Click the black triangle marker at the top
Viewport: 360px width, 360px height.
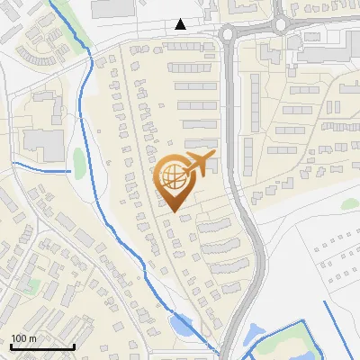pos(181,24)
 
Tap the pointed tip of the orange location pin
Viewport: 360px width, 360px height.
pos(172,211)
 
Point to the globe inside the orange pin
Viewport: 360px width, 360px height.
pos(172,177)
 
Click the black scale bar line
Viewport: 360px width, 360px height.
pos(42,346)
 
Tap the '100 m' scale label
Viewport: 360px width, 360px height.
pos(24,338)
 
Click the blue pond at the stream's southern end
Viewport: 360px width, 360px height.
pos(182,325)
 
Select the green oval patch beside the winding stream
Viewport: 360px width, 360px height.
pos(79,162)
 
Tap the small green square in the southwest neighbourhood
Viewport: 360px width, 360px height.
pos(33,286)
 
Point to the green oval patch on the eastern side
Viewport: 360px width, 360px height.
pos(350,203)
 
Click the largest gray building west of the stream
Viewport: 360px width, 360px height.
pos(40,139)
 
